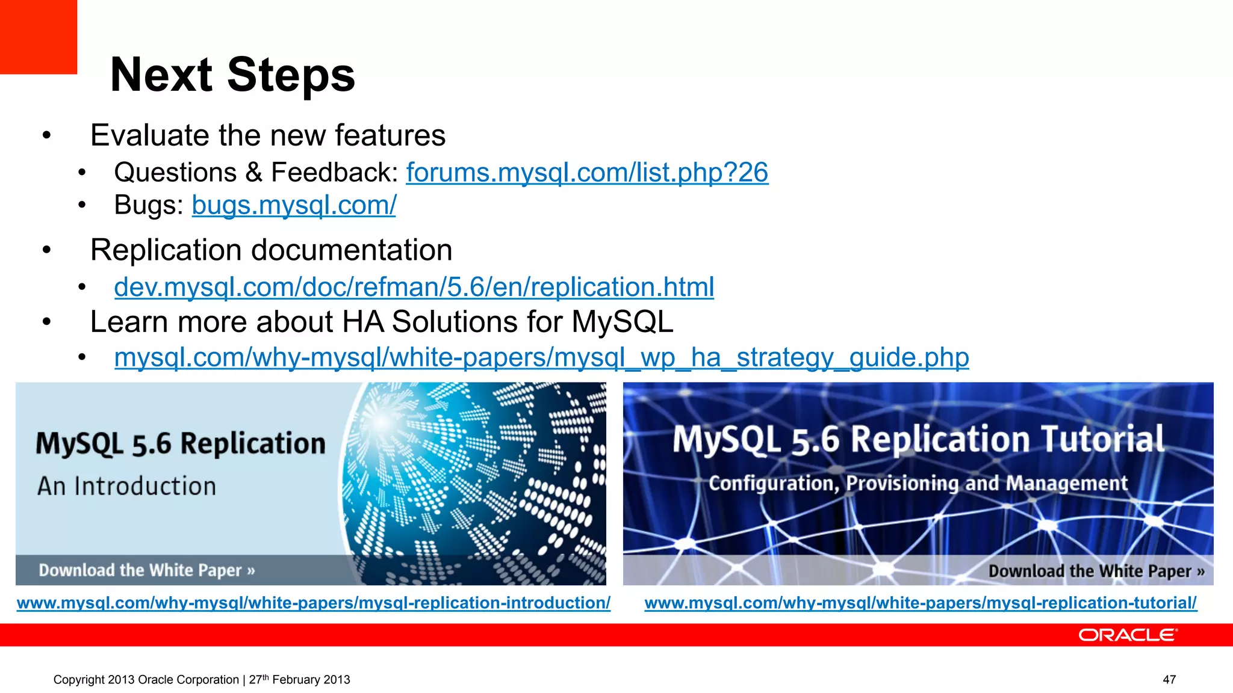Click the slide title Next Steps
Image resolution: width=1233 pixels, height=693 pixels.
(x=232, y=75)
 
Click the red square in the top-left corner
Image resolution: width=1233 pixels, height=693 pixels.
(x=38, y=36)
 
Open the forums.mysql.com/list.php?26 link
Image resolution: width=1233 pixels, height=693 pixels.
(x=586, y=173)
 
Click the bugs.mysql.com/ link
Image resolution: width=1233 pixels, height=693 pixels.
(x=294, y=205)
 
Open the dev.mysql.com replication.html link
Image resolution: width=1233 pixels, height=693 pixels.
(x=414, y=287)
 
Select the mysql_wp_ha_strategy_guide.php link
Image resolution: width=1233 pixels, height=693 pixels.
(x=541, y=357)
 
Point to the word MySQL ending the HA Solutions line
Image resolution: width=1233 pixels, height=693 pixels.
(x=622, y=322)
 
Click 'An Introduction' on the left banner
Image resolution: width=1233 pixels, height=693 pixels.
(x=126, y=486)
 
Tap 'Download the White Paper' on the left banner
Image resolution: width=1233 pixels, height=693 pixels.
(x=146, y=570)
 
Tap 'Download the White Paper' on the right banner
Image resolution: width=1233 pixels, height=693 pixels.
(x=1096, y=570)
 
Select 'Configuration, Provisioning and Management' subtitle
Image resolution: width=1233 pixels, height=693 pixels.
(x=918, y=483)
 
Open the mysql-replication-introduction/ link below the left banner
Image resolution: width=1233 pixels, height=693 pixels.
(x=313, y=603)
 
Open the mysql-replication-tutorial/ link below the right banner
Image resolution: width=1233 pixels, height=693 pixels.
(x=920, y=603)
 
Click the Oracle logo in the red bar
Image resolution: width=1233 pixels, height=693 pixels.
(x=1127, y=635)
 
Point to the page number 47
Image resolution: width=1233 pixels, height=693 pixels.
(x=1169, y=680)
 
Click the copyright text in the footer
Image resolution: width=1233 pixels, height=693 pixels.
(x=201, y=680)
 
